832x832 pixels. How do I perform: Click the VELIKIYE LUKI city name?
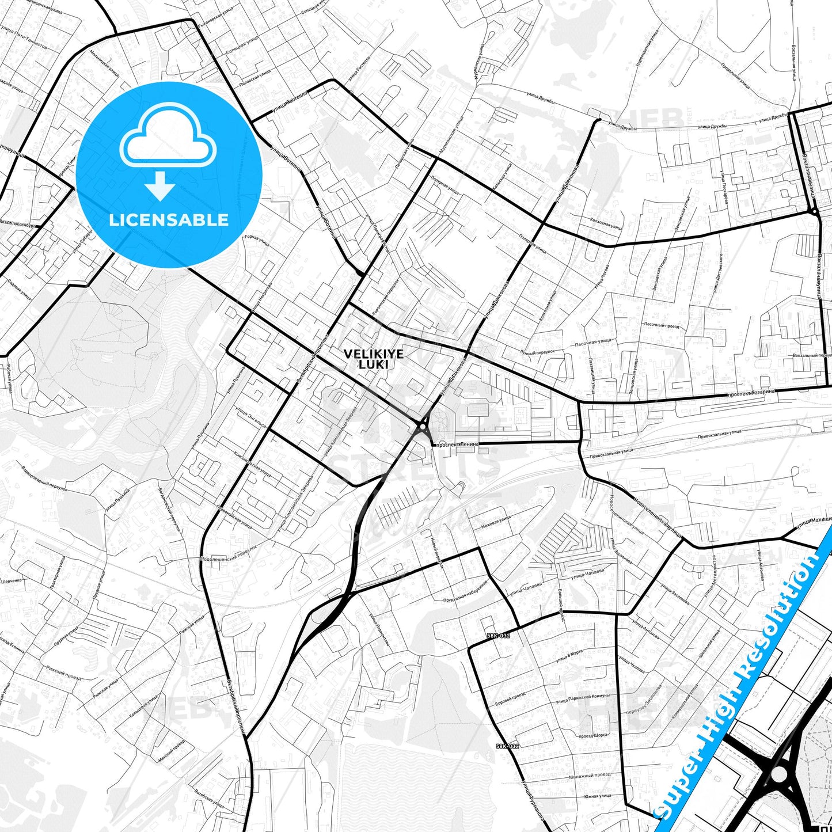[x=373, y=359]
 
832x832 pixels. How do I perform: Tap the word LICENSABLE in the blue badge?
[x=169, y=219]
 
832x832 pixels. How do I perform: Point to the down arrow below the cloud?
[x=160, y=186]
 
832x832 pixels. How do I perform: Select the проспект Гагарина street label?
[x=751, y=393]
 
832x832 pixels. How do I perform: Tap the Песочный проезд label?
[x=661, y=326]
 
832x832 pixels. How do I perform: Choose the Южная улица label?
[x=597, y=797]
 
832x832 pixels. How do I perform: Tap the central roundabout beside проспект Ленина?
[x=423, y=427]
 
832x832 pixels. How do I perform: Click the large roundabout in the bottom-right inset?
[x=778, y=774]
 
